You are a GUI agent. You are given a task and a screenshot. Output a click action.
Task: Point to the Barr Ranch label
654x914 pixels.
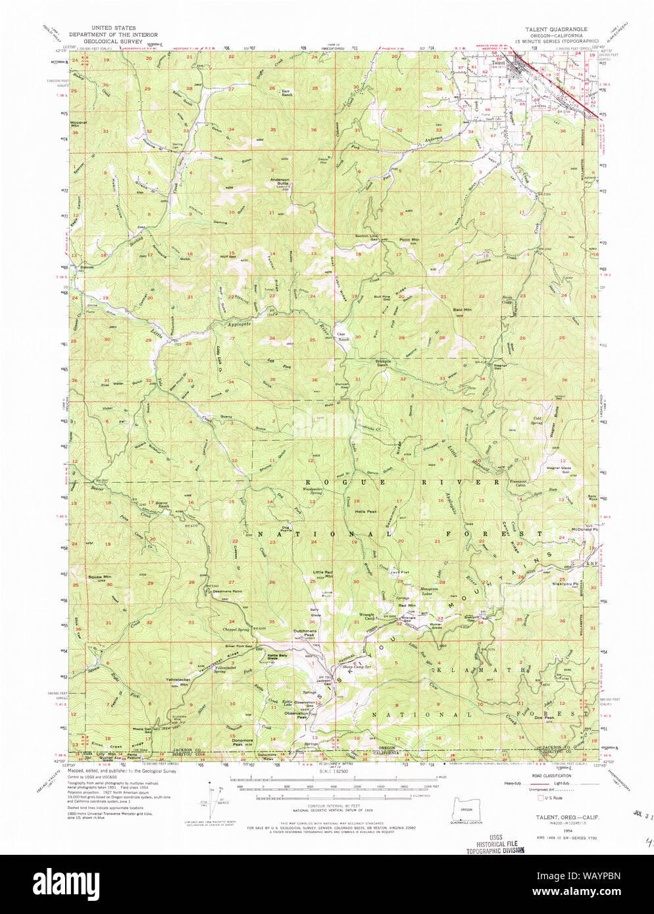click(x=287, y=93)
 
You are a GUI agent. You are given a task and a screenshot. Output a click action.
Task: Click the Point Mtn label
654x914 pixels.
click(x=409, y=239)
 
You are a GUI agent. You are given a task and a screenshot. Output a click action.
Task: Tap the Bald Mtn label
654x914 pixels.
click(x=462, y=309)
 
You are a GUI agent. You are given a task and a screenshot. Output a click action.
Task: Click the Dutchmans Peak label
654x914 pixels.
click(x=305, y=633)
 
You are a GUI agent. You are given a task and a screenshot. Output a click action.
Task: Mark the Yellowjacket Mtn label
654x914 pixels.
click(x=176, y=683)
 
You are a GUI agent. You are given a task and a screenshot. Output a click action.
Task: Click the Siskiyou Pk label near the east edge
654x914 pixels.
click(x=565, y=584)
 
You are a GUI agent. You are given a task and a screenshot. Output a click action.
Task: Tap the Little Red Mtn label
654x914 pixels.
click(x=322, y=574)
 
